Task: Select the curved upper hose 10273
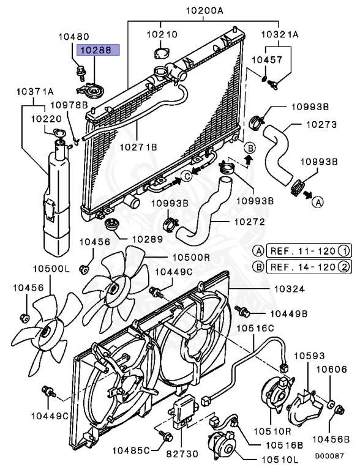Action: pos(278,156)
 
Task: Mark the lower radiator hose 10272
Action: pos(202,214)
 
